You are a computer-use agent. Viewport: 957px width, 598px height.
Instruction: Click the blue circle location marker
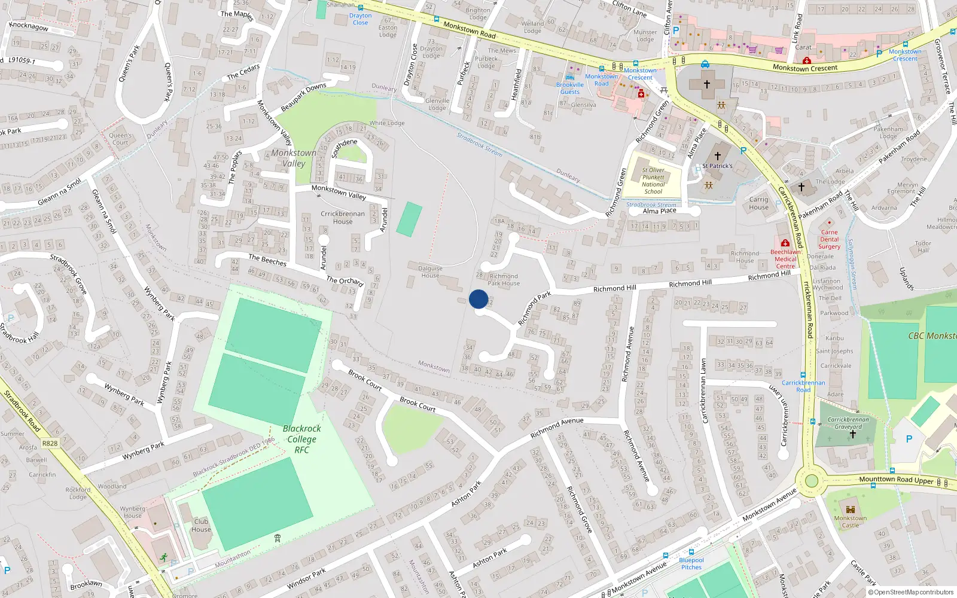478,299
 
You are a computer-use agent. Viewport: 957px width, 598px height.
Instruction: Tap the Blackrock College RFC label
301,439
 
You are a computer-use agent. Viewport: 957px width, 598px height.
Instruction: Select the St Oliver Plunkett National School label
653,181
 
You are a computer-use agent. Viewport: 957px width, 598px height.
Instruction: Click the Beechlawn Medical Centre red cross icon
785,243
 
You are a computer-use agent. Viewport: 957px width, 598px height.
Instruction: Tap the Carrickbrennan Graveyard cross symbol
853,434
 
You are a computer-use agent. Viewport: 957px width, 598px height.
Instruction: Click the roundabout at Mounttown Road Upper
811,481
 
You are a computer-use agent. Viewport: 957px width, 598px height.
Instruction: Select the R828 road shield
50,443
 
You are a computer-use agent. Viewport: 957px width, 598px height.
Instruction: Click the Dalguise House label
430,271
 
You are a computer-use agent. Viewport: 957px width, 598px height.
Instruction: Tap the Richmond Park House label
504,280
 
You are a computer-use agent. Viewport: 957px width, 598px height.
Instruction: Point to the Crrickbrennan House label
343,217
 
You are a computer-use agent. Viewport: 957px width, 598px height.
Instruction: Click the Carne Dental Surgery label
829,239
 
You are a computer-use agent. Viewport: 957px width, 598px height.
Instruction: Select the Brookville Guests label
569,89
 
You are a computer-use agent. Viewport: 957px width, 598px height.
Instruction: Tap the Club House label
201,525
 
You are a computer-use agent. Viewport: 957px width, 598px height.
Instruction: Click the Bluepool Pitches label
691,564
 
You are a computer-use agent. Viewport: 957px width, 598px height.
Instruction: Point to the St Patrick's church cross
718,156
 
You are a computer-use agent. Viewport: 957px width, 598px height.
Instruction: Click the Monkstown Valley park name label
294,158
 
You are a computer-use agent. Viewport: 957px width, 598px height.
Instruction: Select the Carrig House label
758,203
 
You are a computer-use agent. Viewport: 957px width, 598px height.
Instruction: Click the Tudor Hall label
923,246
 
